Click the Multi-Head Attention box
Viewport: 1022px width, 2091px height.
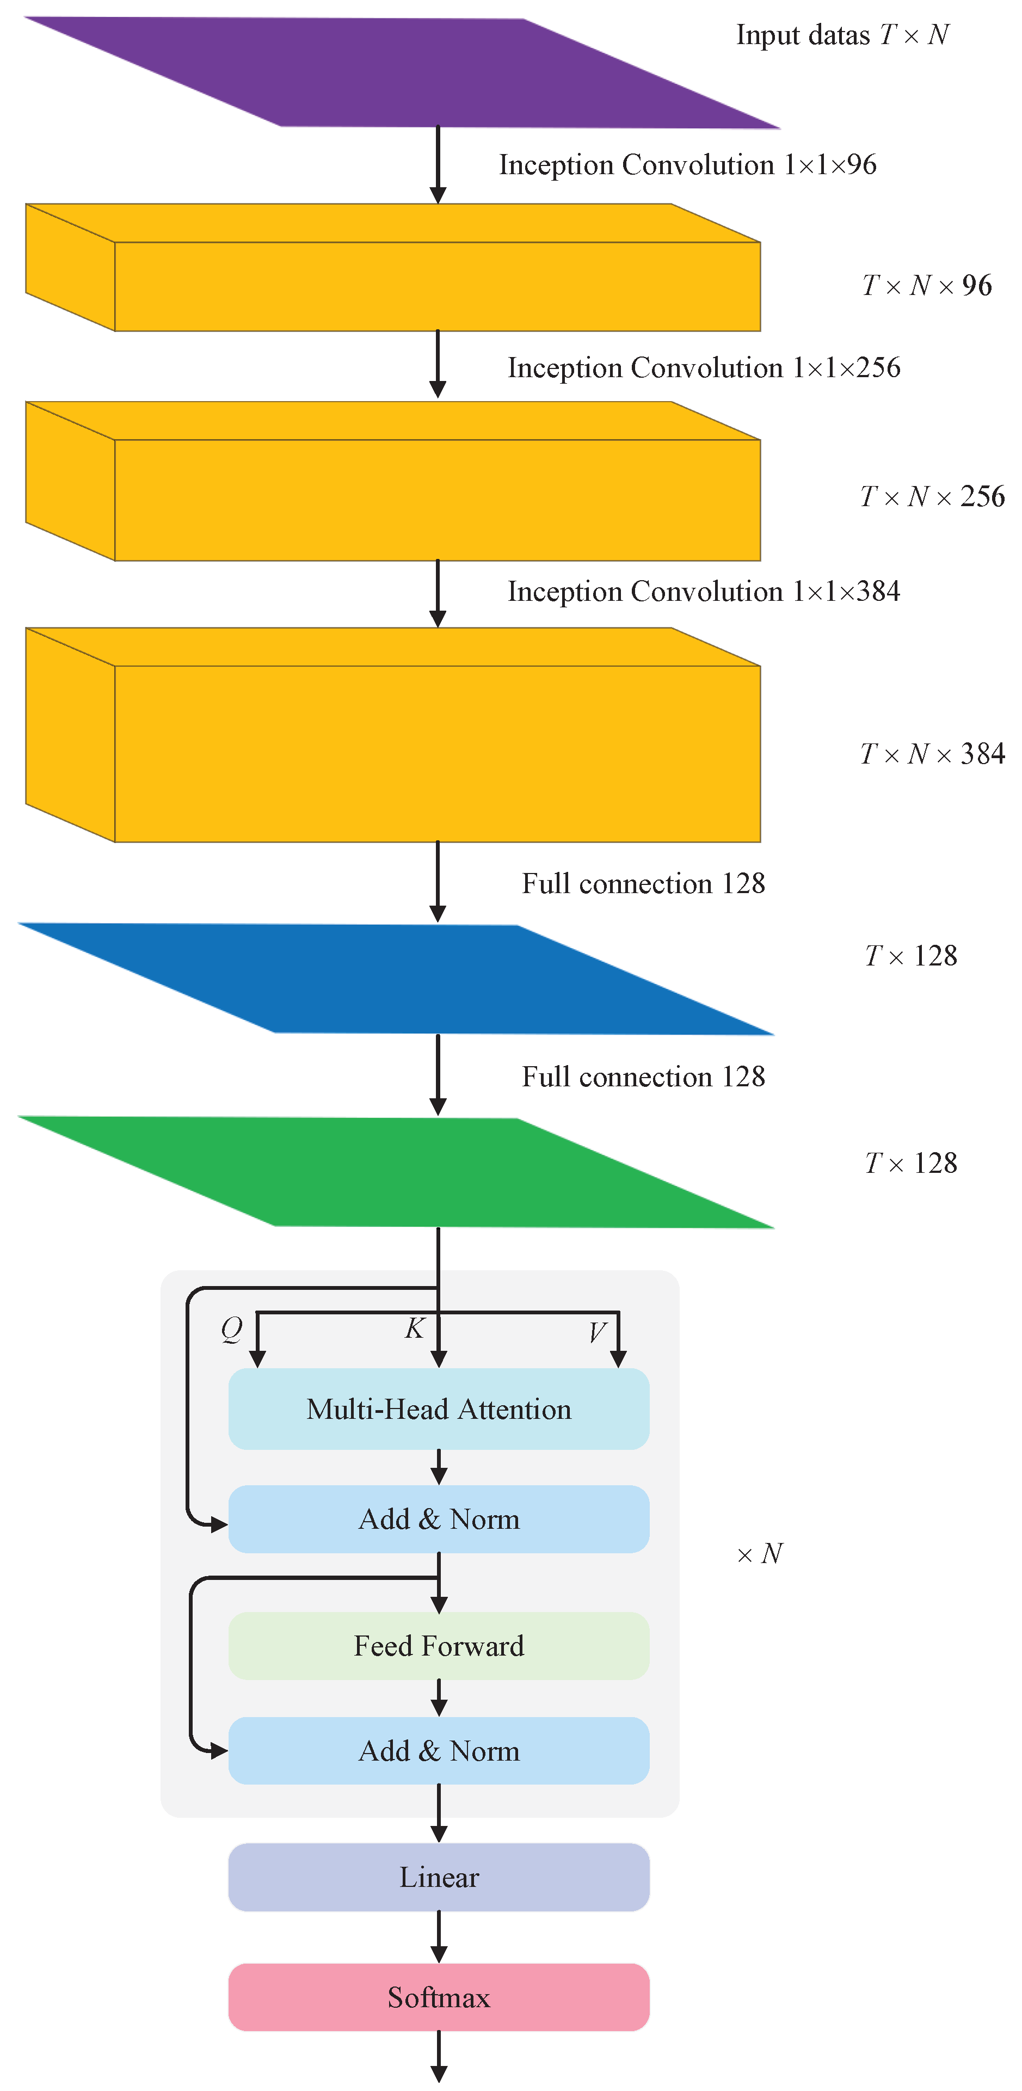[438, 1409]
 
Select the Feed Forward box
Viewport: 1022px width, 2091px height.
[438, 1645]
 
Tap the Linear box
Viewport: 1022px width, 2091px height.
[438, 1877]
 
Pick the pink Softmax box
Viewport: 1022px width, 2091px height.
[438, 1997]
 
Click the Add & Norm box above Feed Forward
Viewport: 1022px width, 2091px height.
[438, 1519]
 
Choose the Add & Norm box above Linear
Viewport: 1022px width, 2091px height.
[438, 1751]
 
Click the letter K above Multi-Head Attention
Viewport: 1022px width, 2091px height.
[415, 1328]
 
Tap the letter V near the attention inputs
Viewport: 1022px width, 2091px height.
[598, 1331]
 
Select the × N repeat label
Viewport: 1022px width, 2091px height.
[760, 1554]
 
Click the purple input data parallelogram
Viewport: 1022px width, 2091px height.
[402, 73]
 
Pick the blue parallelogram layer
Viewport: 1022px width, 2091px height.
[396, 979]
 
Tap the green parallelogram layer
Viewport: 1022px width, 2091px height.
[396, 1172]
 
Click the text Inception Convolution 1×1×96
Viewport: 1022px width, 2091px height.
[687, 165]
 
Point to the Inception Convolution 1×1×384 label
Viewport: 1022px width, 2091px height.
[704, 591]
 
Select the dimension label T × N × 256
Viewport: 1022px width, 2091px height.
[932, 496]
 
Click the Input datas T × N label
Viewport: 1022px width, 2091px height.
[842, 35]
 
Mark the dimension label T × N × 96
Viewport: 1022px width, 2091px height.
[927, 285]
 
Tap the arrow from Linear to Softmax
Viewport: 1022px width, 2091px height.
[438, 1937]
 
